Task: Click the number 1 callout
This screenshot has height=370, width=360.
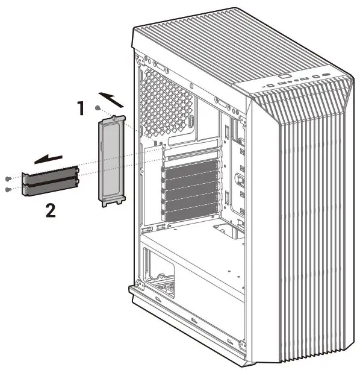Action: [x=80, y=108]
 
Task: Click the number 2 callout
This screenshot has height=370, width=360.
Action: [x=52, y=211]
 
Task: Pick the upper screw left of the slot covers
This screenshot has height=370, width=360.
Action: [x=7, y=179]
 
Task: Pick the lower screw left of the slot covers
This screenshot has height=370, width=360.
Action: [x=7, y=189]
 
